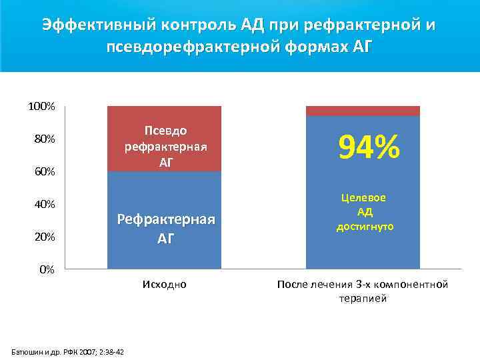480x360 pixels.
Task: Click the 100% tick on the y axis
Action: click(x=41, y=107)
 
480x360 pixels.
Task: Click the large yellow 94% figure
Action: click(x=369, y=147)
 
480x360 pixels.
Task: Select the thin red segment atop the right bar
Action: click(x=363, y=111)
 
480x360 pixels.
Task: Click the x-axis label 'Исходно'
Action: click(x=164, y=285)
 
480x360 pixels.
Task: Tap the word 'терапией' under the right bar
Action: click(x=363, y=299)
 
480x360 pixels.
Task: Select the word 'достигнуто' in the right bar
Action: click(x=365, y=227)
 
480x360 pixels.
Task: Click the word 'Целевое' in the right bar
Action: click(x=364, y=198)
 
